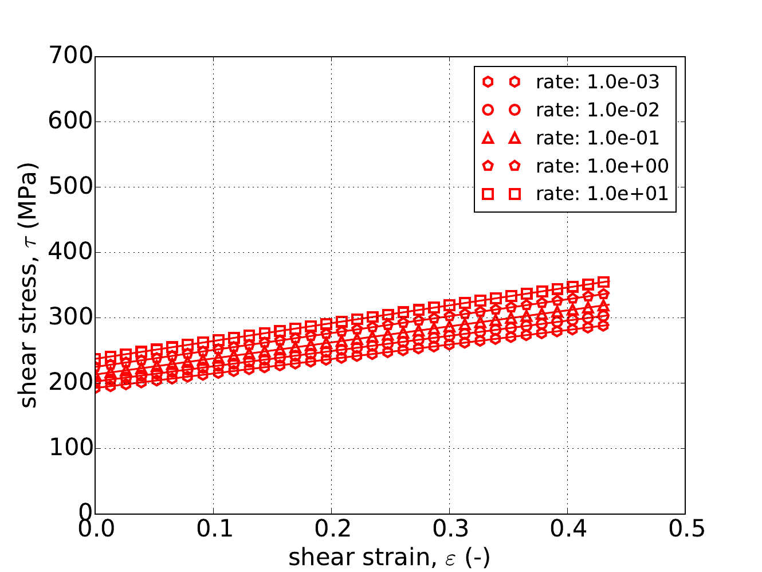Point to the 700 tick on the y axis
pyautogui.click(x=71, y=56)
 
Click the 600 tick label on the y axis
pyautogui.click(x=71, y=122)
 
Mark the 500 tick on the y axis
pyautogui.click(x=71, y=187)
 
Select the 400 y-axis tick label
pyautogui.click(x=71, y=252)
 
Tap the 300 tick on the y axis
pyautogui.click(x=71, y=318)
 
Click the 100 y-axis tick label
pyautogui.click(x=71, y=448)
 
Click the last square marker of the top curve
pyautogui.click(x=603, y=282)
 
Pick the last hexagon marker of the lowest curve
pyautogui.click(x=603, y=326)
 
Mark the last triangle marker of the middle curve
pyautogui.click(x=603, y=305)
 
